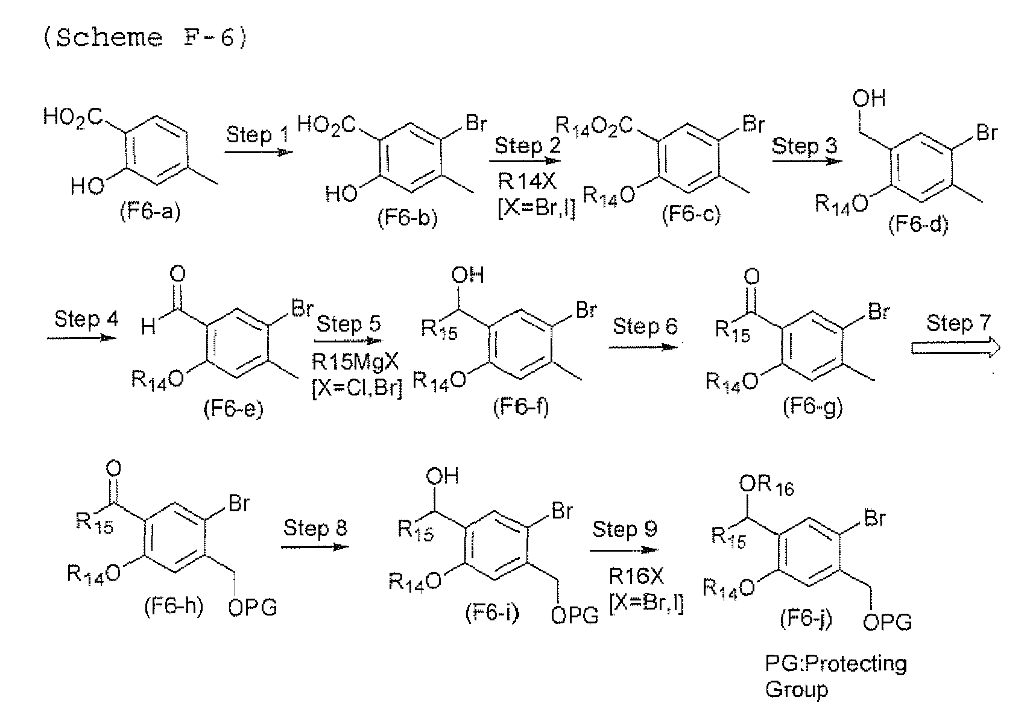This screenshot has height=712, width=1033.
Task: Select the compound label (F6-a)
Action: [150, 211]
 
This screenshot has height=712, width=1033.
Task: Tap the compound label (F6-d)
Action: [918, 225]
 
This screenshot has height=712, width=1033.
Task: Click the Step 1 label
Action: [257, 134]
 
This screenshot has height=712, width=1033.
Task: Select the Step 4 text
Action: [86, 319]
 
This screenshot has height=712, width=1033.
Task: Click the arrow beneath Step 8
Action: [315, 547]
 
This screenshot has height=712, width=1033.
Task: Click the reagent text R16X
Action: [636, 576]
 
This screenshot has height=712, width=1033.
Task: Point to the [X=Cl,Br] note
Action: [357, 388]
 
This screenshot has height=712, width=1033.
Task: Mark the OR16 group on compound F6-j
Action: [766, 486]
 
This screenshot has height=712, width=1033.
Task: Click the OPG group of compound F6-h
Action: [253, 607]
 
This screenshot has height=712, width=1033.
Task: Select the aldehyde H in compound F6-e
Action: [148, 327]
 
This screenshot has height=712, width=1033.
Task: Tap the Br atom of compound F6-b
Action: [476, 124]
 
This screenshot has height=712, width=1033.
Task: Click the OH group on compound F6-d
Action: [869, 99]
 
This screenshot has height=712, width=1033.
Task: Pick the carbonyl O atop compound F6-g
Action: [752, 277]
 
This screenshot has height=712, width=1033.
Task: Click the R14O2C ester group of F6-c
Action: [593, 126]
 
